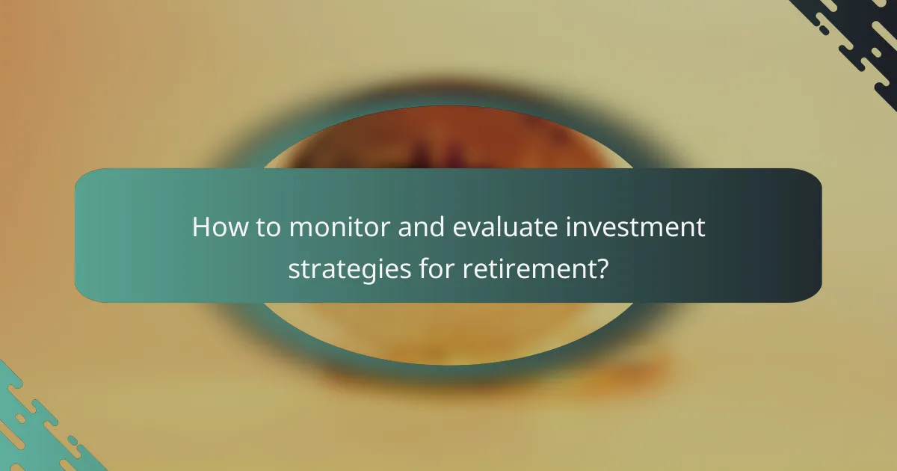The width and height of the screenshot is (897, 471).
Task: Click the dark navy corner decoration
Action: click(x=867, y=37)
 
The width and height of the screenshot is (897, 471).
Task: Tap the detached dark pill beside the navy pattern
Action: click(x=823, y=31)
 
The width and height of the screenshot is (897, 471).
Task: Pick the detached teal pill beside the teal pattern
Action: click(x=73, y=440)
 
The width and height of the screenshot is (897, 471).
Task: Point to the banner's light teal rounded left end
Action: click(x=93, y=235)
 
